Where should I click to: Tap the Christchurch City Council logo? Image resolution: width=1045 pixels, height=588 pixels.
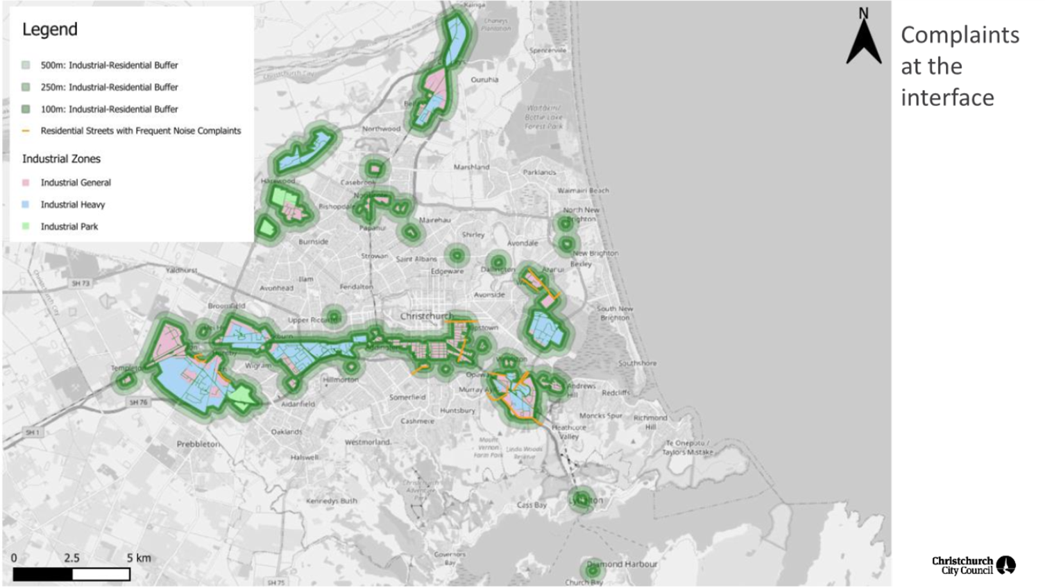pos(974,565)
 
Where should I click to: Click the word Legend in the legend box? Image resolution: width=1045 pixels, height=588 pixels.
pos(50,30)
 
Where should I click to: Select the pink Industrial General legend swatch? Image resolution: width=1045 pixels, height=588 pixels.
pos(26,183)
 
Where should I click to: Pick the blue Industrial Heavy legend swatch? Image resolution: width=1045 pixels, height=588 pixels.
pos(26,205)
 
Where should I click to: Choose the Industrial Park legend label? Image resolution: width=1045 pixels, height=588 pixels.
pos(69,227)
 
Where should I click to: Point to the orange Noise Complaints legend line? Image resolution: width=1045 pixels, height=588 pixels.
pos(26,131)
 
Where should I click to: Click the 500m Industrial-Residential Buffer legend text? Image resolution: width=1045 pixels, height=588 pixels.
pos(109,65)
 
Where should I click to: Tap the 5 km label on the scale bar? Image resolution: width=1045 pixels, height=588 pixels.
pos(139,557)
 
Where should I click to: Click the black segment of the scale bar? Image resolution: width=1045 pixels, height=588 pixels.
pos(42,574)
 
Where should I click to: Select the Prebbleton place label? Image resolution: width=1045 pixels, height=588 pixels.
pos(198,444)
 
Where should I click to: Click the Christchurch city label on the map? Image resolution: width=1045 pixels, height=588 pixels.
pos(426,316)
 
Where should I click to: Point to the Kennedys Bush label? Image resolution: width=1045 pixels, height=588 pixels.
pos(332,501)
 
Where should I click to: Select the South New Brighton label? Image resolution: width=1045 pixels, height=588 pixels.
pos(615,313)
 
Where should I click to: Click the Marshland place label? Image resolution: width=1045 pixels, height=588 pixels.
pos(471,167)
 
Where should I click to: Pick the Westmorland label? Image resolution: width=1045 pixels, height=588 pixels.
pos(368,442)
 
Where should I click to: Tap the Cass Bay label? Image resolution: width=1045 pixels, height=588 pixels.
pos(532,505)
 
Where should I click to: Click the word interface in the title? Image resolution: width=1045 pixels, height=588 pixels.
pos(947,98)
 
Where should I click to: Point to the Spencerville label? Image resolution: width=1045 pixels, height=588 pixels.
pos(547,51)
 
